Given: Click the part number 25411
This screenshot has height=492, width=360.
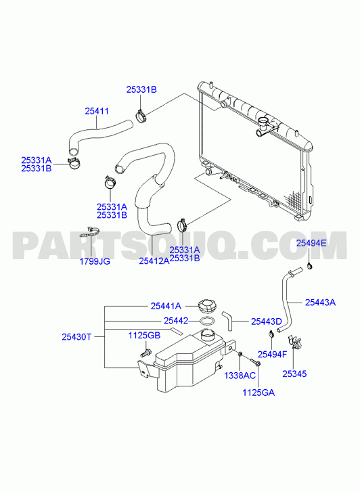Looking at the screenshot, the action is pos(97,111).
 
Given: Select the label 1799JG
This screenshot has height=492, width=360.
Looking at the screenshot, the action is pos(95,261).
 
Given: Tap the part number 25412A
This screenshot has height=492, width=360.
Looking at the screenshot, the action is pos(154,261).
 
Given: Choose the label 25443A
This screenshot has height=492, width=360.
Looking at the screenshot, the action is pos(320,303).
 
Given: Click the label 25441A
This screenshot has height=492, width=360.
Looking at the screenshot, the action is pos(166,306).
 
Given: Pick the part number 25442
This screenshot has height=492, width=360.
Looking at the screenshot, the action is pos(176,321).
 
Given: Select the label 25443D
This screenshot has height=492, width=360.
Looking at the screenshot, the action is pos(266,321).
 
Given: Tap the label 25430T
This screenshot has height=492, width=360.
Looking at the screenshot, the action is pos(76,337).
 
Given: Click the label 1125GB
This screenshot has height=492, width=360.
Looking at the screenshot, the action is pos(144,336).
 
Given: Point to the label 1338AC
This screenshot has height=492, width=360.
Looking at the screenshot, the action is pos(240,376).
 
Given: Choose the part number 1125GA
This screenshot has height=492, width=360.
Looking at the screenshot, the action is pos(258,393).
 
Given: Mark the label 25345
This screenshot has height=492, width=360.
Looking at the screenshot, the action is pos(294,374).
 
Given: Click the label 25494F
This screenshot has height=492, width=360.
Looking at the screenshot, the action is pos(272,354).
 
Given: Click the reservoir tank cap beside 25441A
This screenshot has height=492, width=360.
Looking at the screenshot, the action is pos(208,307).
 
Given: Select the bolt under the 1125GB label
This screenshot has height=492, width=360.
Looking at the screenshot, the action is pos(145,353).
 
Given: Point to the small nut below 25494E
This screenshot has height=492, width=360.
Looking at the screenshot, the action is pos(311,267).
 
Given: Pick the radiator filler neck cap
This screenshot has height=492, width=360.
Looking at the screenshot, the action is pos(263,121).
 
